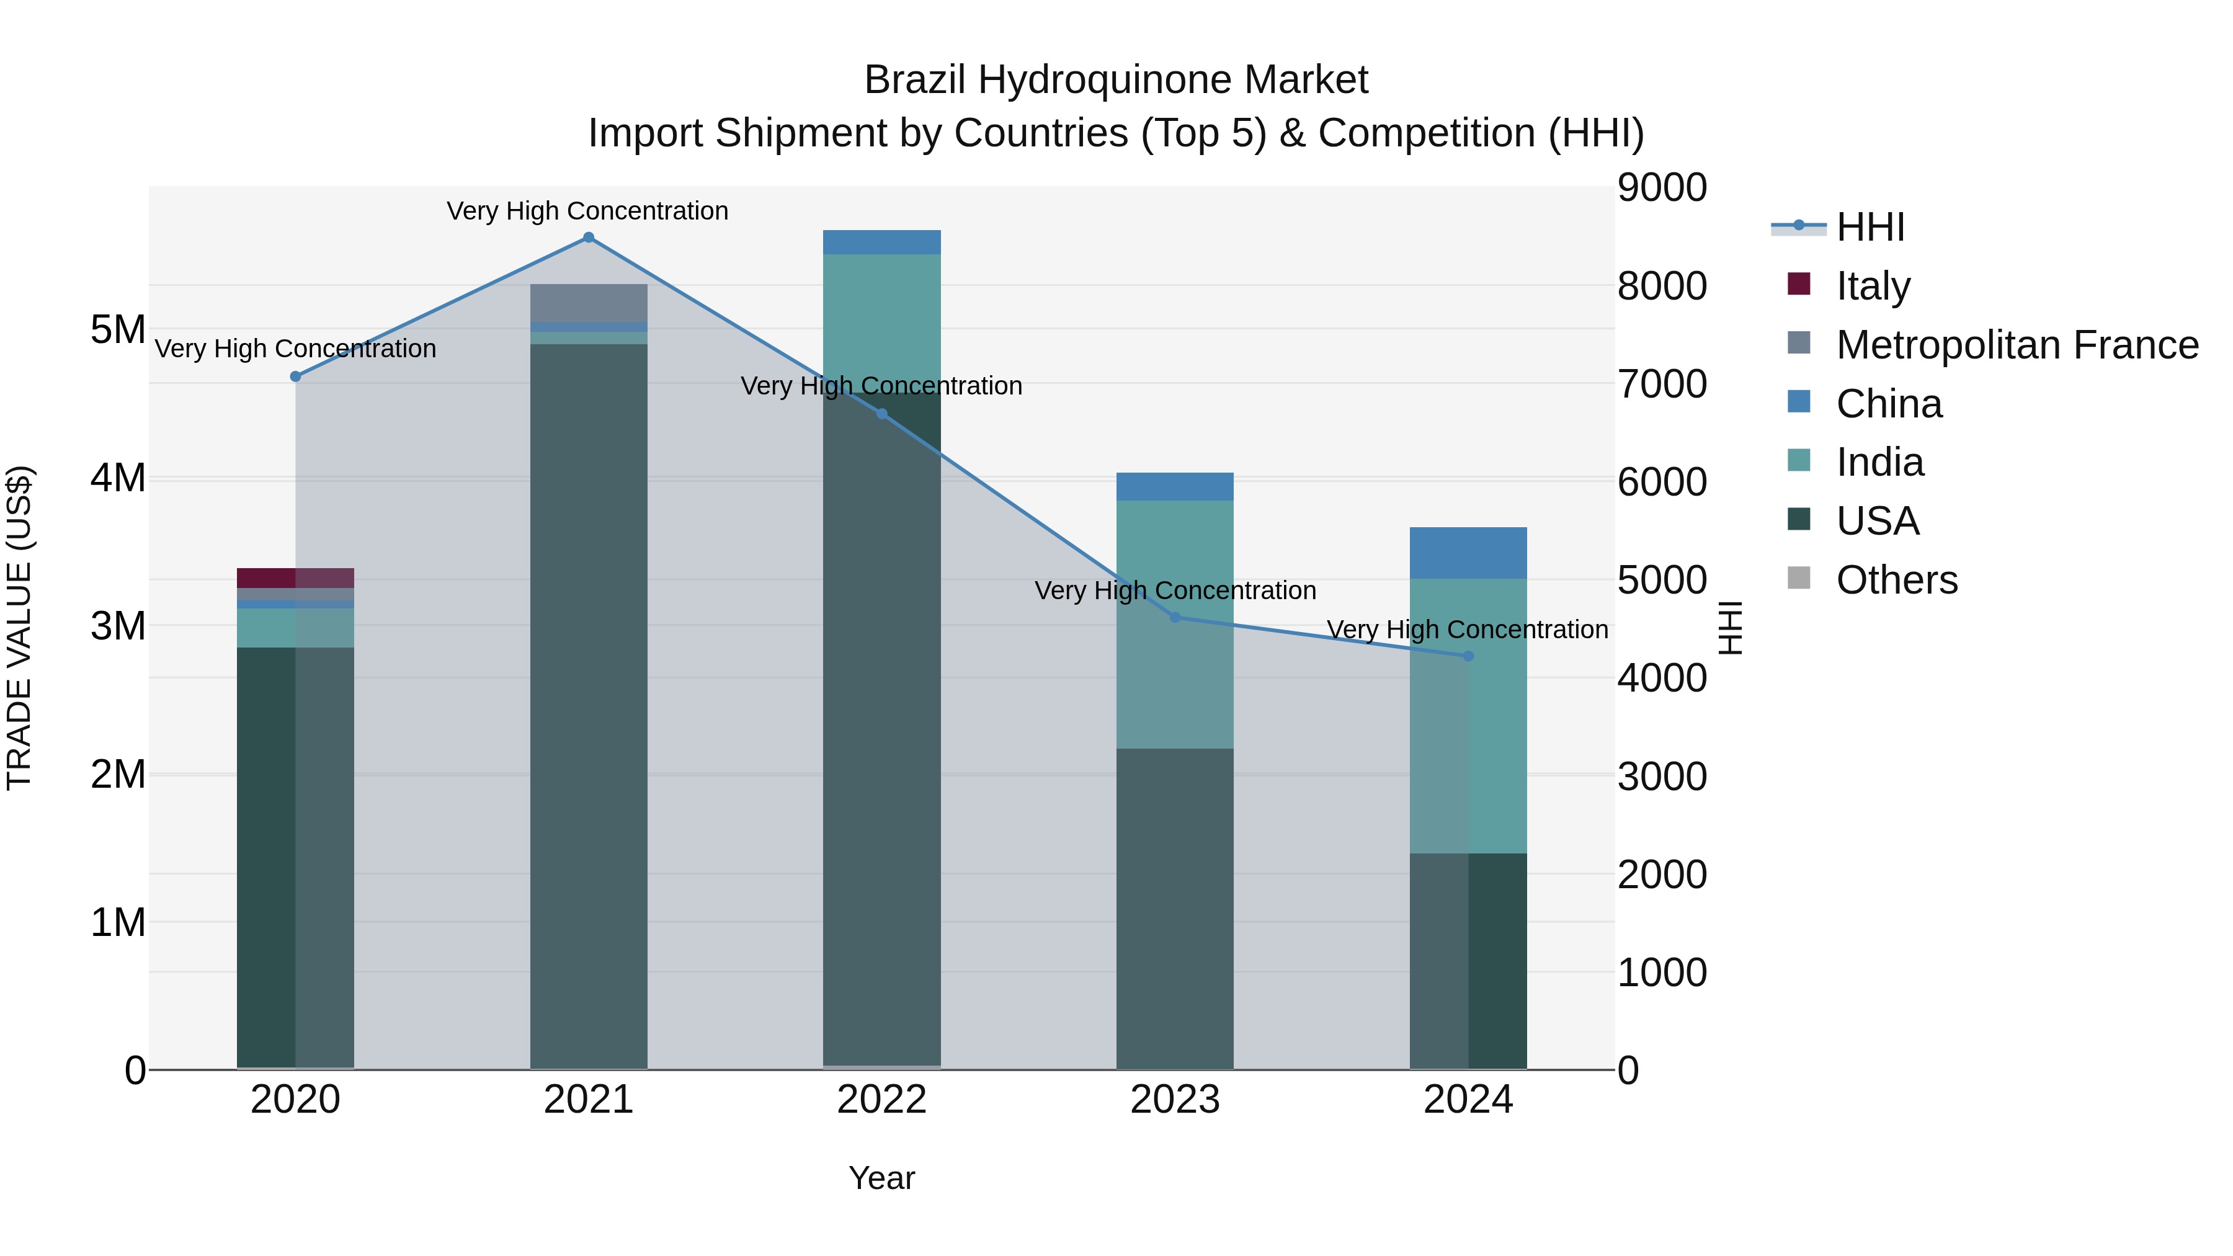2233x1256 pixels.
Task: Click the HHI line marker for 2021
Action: coord(589,238)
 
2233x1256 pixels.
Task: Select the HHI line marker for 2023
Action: coord(1175,617)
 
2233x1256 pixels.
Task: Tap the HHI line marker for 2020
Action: coord(296,376)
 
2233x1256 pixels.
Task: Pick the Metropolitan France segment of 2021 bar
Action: coord(589,303)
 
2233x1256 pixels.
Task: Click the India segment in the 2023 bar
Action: coord(1175,623)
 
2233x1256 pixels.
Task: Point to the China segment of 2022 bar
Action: coord(881,242)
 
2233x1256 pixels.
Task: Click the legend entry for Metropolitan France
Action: coord(2017,345)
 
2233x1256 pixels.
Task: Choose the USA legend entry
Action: coord(1877,521)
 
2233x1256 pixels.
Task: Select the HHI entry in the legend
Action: coord(1870,227)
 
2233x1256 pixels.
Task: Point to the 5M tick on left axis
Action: coord(118,329)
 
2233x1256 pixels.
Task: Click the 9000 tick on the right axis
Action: coord(1662,187)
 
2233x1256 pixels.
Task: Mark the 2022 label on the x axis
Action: coord(881,1100)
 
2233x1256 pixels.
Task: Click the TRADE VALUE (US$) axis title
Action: coord(19,628)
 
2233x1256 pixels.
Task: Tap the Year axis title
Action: coord(881,1178)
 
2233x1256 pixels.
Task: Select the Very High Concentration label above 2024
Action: coord(1467,630)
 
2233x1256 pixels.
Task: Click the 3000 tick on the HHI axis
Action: coord(1662,776)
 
